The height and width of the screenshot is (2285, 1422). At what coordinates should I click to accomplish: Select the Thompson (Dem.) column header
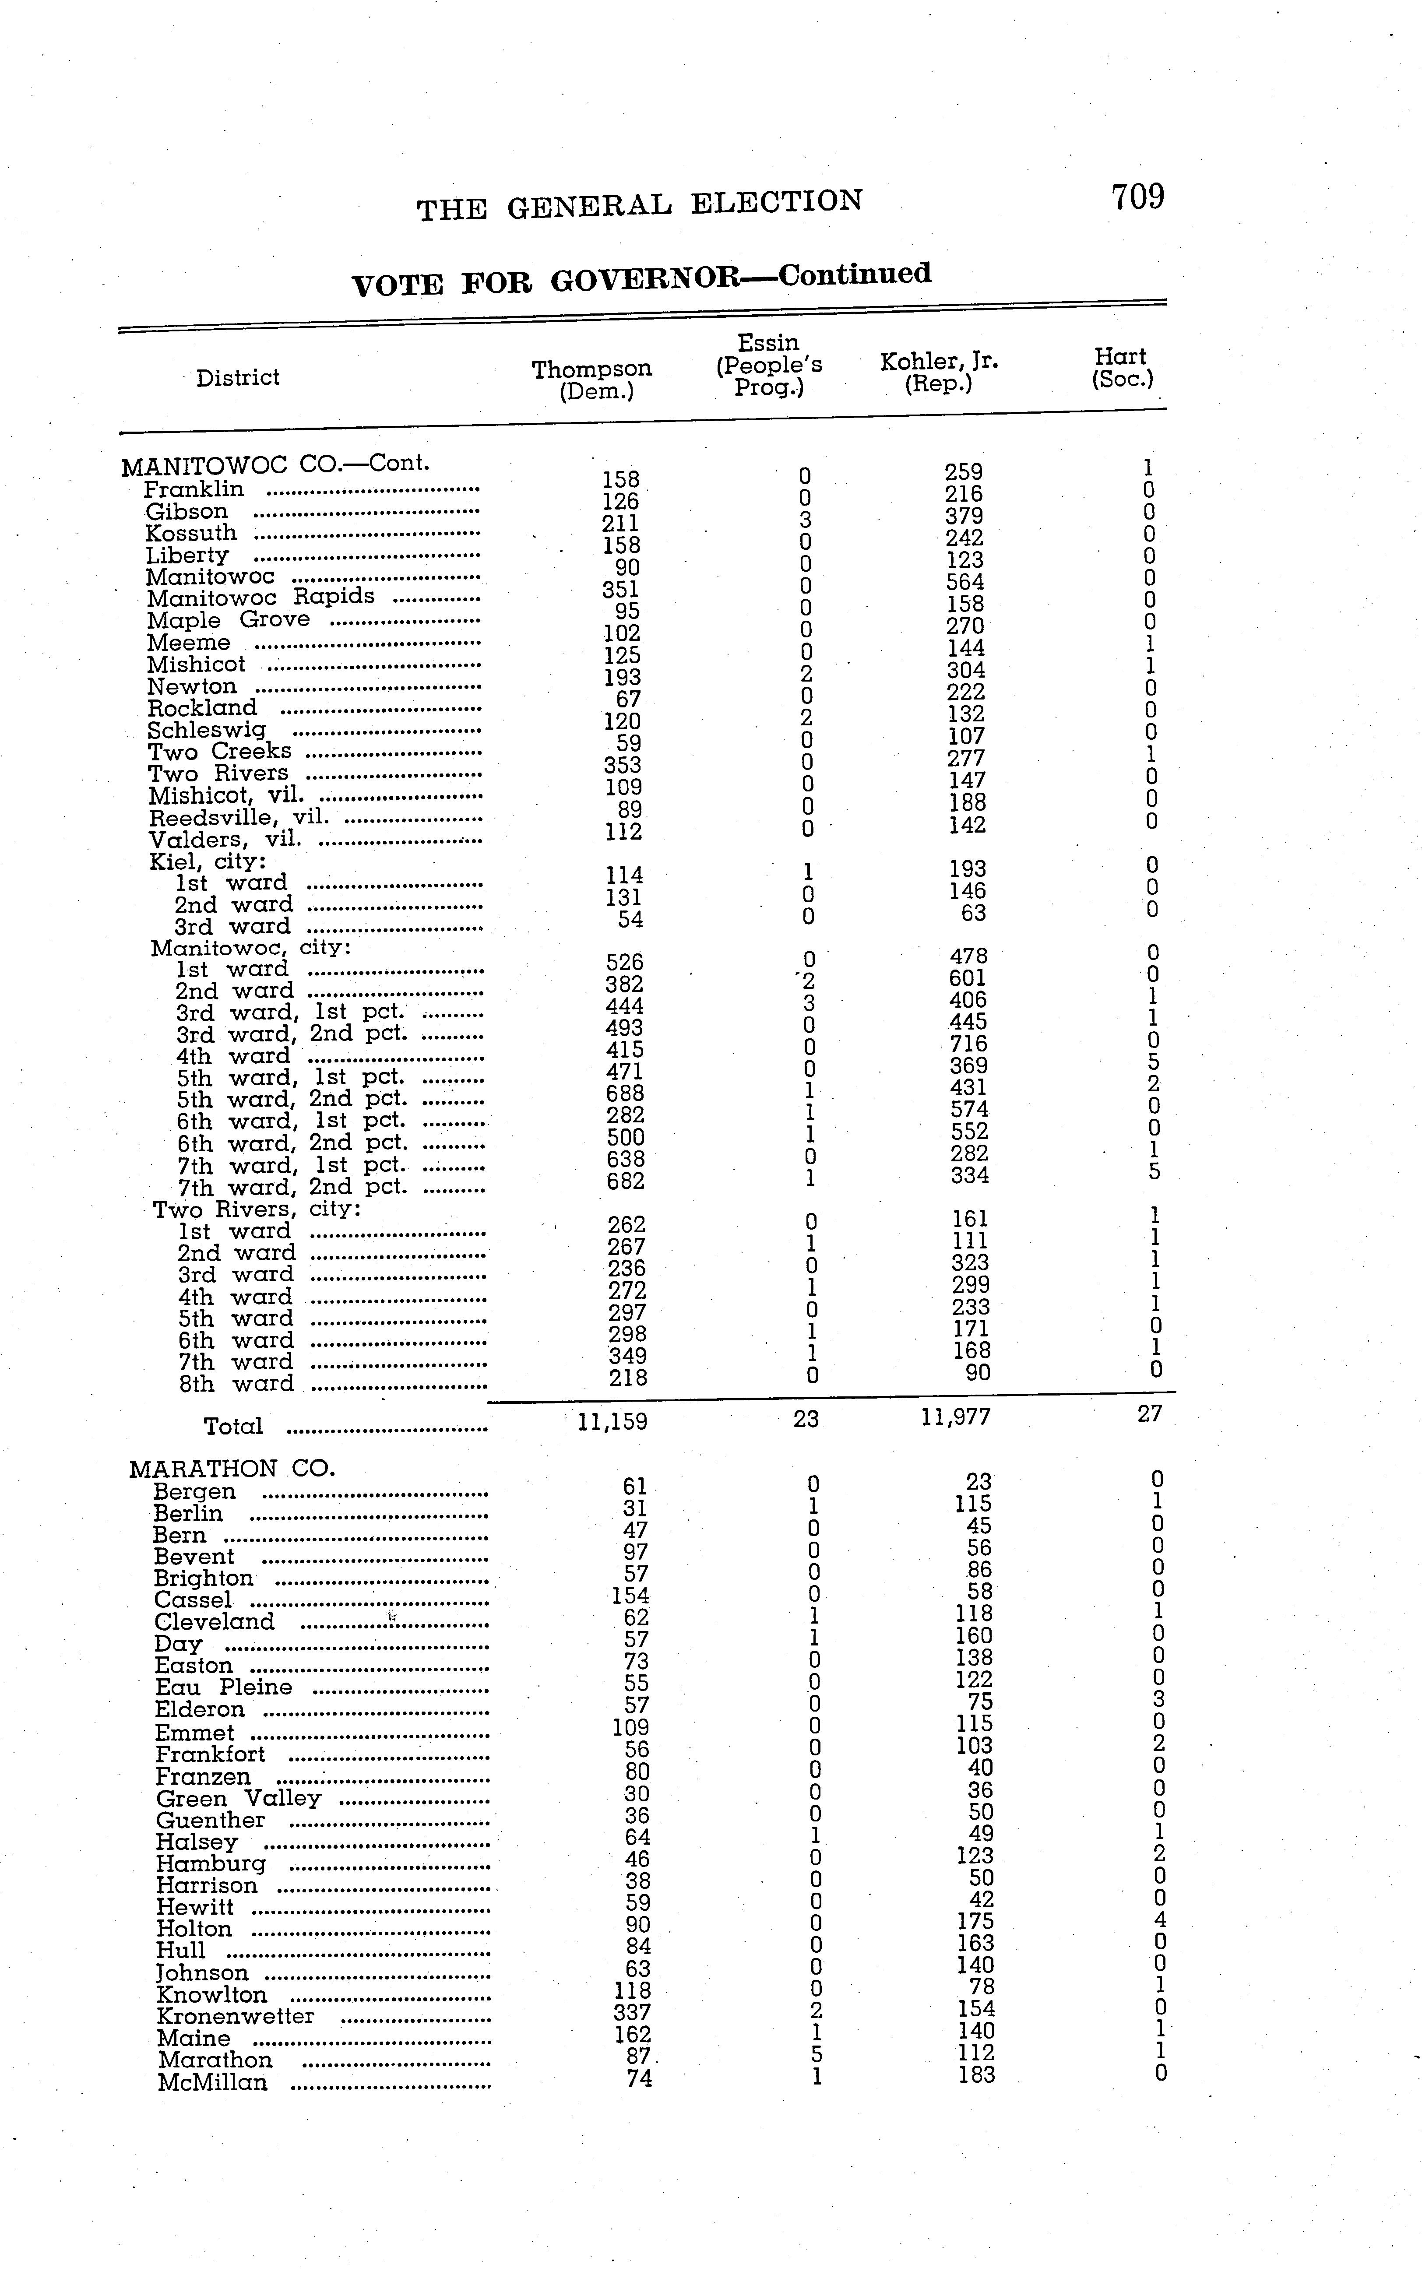(591, 379)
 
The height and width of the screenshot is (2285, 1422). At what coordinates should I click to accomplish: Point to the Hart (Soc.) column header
(1121, 368)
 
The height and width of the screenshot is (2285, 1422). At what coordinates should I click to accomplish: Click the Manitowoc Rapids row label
(260, 597)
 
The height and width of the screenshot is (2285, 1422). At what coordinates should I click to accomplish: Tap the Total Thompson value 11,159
(612, 1421)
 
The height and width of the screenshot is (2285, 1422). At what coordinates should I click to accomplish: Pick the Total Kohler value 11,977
(956, 1417)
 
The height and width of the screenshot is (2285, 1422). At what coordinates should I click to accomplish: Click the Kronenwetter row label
(235, 2016)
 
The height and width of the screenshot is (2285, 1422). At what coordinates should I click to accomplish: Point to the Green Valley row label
(239, 1798)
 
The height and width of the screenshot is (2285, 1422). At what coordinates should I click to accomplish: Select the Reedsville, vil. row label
(239, 817)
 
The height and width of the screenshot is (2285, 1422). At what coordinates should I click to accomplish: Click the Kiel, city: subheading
(208, 861)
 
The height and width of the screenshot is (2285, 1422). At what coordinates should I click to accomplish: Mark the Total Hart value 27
(1149, 1413)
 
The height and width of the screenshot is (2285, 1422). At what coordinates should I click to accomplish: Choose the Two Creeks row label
(219, 751)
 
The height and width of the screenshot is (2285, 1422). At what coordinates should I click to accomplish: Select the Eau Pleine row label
(224, 1687)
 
